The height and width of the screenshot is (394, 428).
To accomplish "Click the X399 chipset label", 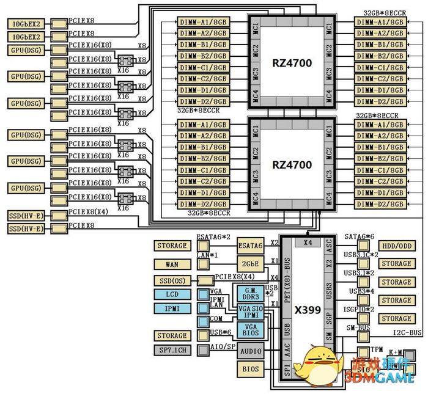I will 307,310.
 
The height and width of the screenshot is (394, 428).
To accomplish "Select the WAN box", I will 172,264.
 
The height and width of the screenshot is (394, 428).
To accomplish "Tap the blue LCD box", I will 172,294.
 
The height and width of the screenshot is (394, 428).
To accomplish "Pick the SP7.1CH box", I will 172,350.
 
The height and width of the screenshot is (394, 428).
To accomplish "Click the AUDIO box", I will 251,351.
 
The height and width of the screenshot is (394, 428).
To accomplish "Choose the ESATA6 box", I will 251,246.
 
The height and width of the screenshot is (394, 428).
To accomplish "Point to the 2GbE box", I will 251,264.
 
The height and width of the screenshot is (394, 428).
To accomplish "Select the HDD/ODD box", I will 396,246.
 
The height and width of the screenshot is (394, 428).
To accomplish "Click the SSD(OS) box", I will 172,280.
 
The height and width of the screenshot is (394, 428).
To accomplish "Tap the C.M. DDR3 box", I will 251,292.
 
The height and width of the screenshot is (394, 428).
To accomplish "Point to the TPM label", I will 377,349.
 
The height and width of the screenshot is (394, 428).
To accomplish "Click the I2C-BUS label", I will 407,333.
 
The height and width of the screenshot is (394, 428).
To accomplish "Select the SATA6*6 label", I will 359,236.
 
